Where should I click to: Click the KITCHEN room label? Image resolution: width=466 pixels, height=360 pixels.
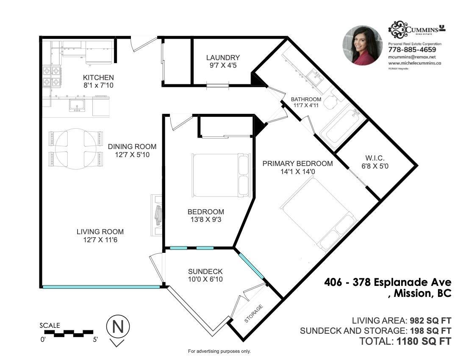point(98,78)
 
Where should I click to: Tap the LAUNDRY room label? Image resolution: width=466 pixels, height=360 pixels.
point(223,58)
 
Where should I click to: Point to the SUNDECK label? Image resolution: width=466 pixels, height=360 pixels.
point(205,271)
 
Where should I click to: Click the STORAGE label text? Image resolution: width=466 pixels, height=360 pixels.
point(254,314)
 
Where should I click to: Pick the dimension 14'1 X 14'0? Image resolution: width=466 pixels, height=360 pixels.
point(297,172)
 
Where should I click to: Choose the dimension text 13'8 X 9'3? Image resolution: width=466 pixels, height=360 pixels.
point(206,220)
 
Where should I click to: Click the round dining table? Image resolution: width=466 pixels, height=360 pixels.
point(75,149)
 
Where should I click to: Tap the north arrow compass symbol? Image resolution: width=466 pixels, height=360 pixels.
point(117,327)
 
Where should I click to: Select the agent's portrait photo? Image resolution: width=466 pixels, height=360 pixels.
point(362,45)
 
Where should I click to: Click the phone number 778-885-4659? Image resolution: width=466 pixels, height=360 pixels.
point(412,50)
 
